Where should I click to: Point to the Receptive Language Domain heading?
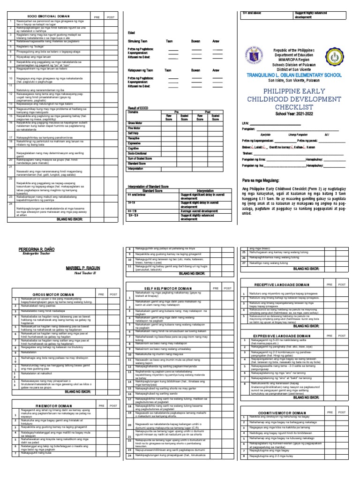coord(284,285)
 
